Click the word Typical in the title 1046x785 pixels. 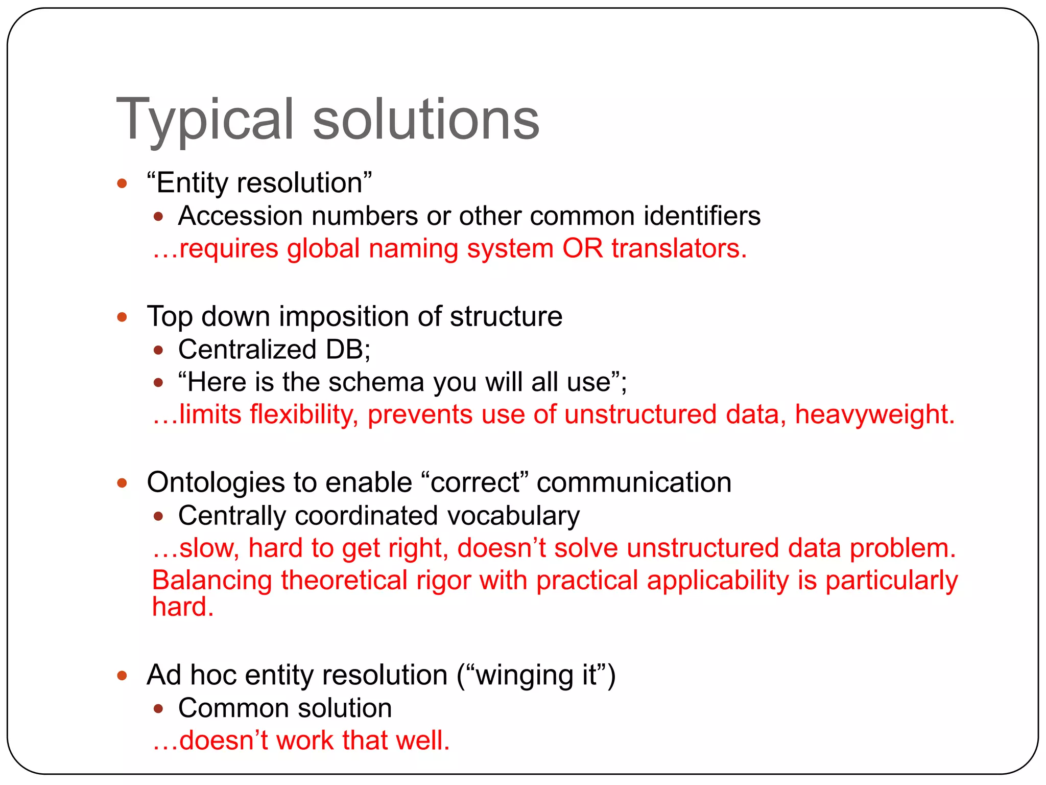pos(205,121)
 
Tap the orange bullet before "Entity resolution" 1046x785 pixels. pos(122,183)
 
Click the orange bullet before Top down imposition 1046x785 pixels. pos(122,317)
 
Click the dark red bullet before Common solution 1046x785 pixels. pos(158,709)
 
